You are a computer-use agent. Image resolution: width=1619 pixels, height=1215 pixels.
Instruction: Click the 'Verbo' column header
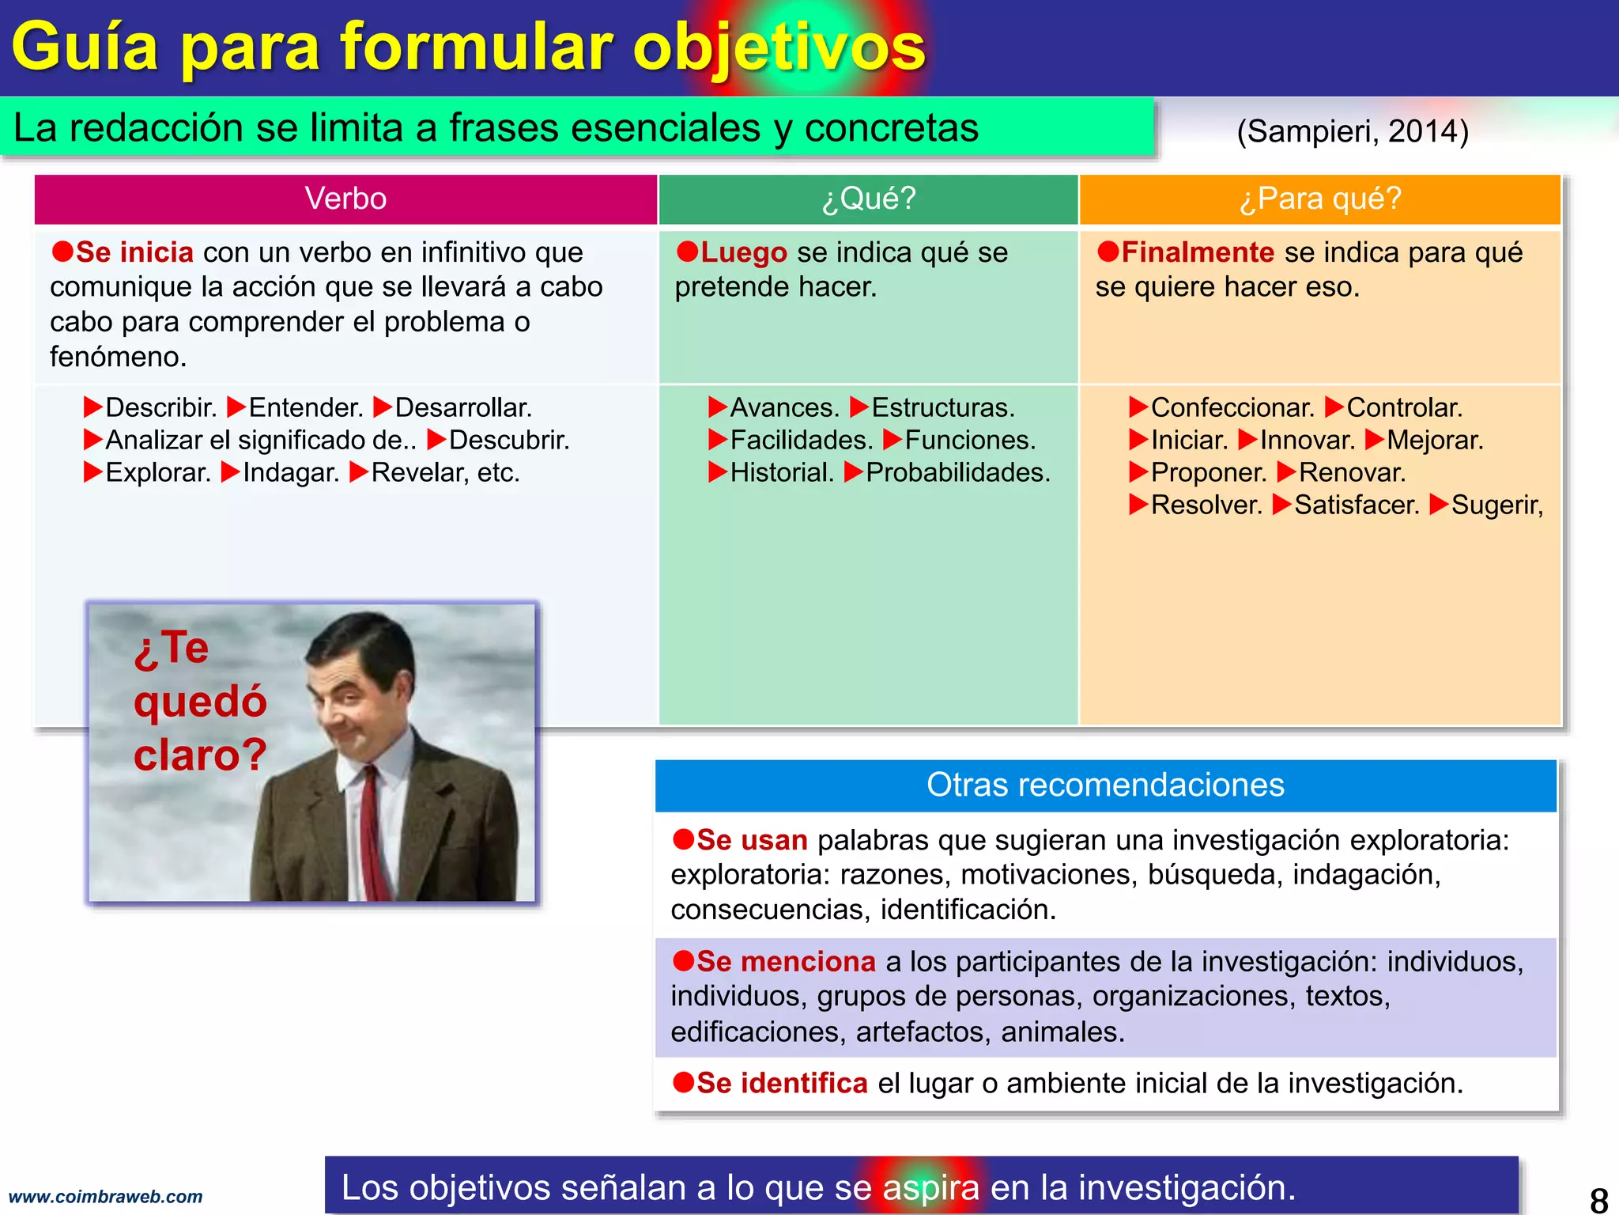(345, 199)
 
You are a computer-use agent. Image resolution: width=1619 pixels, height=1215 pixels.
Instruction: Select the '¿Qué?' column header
(868, 199)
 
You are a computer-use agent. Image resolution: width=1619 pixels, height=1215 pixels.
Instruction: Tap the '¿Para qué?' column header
(1319, 199)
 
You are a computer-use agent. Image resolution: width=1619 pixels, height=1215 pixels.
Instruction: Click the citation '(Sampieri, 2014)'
(1353, 131)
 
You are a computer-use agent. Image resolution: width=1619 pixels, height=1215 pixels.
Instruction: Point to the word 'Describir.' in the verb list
(160, 408)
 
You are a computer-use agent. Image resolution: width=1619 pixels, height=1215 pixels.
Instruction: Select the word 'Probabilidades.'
(957, 473)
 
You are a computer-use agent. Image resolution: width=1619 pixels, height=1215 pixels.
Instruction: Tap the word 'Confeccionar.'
(1232, 408)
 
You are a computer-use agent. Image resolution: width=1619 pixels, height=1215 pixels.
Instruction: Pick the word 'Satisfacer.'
(1357, 505)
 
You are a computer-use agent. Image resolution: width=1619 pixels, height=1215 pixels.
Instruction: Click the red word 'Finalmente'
(1197, 253)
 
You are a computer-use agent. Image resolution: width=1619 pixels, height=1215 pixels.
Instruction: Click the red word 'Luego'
(743, 253)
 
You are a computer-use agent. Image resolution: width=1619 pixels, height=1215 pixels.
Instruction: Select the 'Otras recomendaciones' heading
(1105, 785)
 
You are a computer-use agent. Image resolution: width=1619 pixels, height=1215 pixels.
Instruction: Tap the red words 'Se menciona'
(786, 962)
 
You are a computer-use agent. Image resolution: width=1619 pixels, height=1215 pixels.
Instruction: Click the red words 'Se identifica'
(782, 1084)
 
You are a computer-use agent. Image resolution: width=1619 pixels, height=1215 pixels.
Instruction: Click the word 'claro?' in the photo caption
(200, 755)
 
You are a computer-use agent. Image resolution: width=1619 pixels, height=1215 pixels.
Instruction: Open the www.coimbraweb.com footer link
(105, 1197)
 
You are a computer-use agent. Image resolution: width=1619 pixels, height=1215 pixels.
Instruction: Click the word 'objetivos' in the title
(779, 47)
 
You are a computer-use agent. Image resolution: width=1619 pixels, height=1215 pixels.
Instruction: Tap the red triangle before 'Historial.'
(717, 473)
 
